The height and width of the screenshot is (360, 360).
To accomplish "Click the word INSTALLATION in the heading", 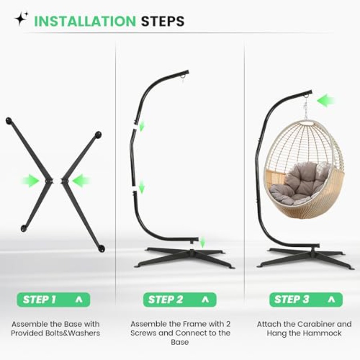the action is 85,21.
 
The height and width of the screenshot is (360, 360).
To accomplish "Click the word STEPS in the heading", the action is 162,21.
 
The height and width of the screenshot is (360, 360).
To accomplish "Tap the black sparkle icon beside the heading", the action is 21,18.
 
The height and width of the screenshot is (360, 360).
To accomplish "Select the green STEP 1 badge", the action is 54,300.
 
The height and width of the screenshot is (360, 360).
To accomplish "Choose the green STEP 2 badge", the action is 180,300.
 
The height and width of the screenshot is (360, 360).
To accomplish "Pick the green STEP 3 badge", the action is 306,300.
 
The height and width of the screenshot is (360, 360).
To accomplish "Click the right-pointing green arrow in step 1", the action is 30,181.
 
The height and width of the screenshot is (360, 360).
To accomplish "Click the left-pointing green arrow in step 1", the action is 81,181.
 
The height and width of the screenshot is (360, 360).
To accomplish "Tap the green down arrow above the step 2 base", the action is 202,243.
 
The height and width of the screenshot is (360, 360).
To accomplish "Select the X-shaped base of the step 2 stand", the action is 184,257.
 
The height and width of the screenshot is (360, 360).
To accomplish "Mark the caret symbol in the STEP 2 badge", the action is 205,300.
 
